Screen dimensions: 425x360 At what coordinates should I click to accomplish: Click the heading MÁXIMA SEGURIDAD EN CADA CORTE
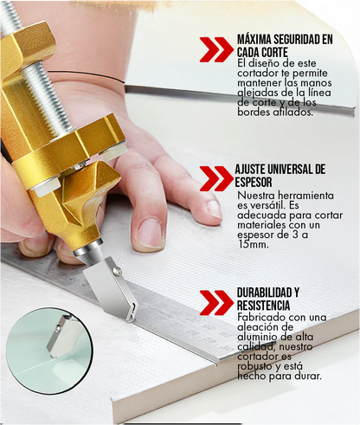(x=284, y=46)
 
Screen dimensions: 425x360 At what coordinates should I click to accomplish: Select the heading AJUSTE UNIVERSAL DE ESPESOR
(x=280, y=174)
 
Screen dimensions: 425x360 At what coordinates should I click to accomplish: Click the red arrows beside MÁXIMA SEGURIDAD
(x=216, y=49)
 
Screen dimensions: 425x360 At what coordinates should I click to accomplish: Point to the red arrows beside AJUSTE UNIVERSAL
(x=216, y=177)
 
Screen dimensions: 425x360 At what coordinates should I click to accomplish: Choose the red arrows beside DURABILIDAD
(x=216, y=302)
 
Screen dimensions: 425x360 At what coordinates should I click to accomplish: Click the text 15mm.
(x=253, y=245)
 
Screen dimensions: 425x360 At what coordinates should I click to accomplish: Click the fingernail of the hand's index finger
(x=150, y=232)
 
